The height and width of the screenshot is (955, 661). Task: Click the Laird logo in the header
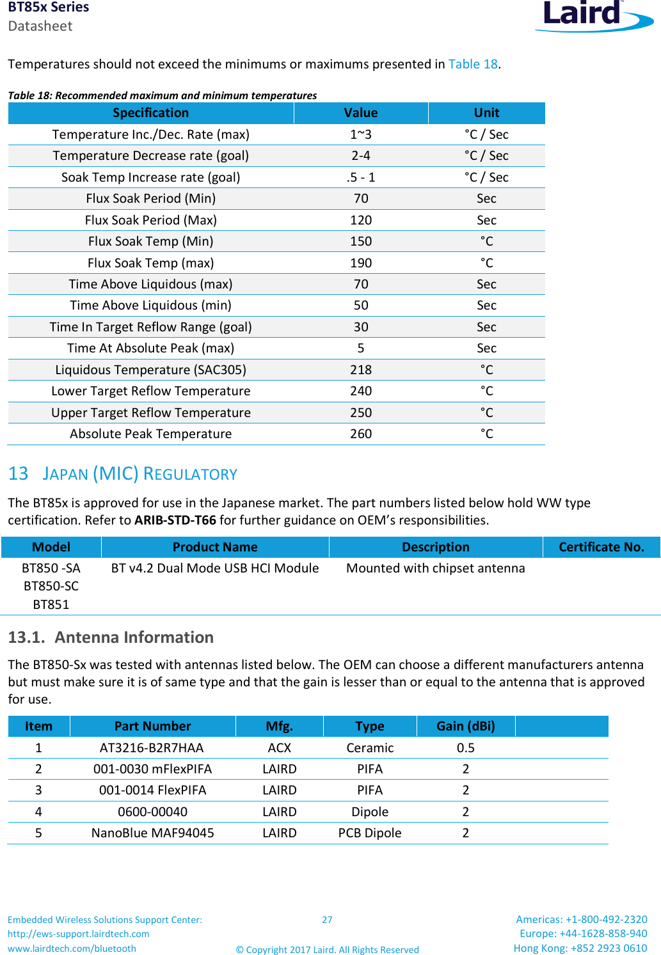(593, 15)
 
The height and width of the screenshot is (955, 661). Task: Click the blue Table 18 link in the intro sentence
(473, 64)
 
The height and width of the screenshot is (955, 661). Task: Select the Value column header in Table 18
(361, 113)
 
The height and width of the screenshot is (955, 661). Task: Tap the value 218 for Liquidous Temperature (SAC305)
(361, 370)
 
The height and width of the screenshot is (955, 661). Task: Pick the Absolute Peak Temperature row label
(151, 434)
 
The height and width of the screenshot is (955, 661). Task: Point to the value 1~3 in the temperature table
(361, 134)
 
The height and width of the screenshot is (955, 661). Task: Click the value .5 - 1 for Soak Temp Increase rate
(361, 177)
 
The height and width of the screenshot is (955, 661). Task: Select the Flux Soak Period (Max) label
(151, 220)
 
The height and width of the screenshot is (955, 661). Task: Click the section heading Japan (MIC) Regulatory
(139, 474)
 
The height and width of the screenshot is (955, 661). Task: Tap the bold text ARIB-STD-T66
(175, 520)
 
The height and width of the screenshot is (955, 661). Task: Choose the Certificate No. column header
(601, 547)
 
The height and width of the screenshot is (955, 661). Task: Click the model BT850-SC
(51, 586)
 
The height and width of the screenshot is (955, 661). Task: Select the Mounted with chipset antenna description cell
(436, 568)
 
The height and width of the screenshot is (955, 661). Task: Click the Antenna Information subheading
(134, 637)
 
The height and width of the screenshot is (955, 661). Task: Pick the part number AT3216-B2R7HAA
(152, 748)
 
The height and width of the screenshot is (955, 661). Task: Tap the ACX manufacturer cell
(280, 748)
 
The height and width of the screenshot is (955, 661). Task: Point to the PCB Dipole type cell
(370, 833)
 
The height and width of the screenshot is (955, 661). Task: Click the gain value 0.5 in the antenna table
(466, 748)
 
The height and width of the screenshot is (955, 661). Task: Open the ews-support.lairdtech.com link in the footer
(79, 934)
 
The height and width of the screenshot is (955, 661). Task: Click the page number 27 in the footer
(327, 920)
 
